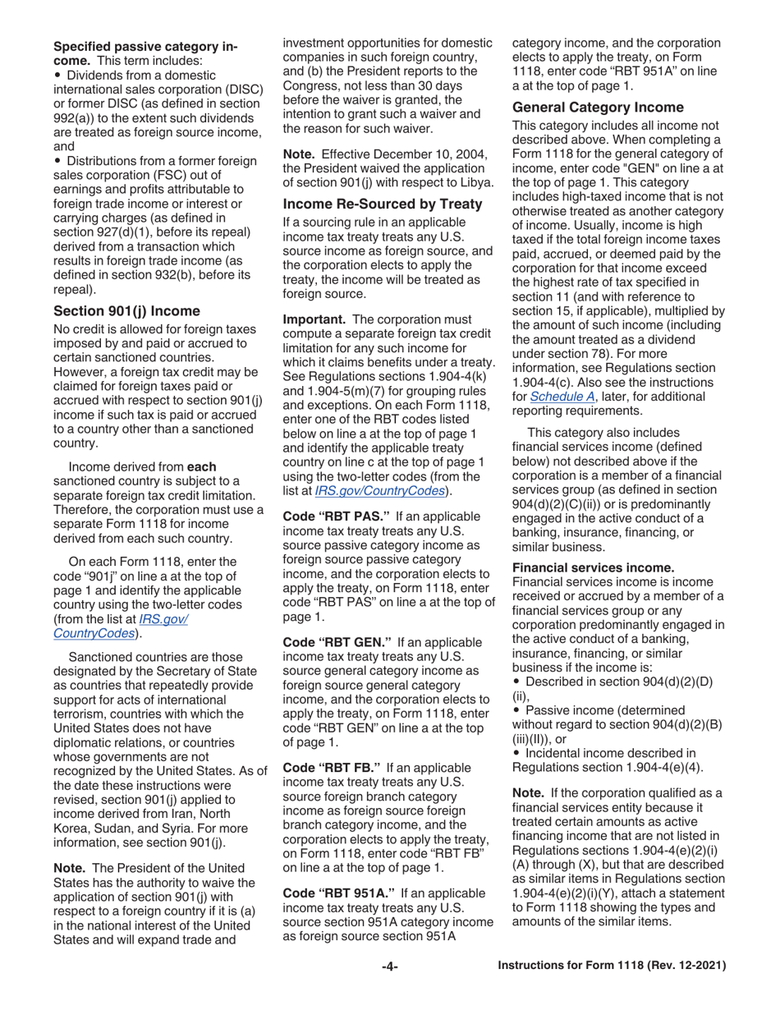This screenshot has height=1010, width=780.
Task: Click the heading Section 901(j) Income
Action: pos(126,311)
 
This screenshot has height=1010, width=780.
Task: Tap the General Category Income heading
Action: pos(598,108)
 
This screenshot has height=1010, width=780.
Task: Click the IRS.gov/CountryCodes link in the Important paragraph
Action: pos(381,490)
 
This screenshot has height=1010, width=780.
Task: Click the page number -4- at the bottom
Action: pos(390,966)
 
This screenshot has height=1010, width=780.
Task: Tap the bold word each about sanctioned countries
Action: pos(202,466)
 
